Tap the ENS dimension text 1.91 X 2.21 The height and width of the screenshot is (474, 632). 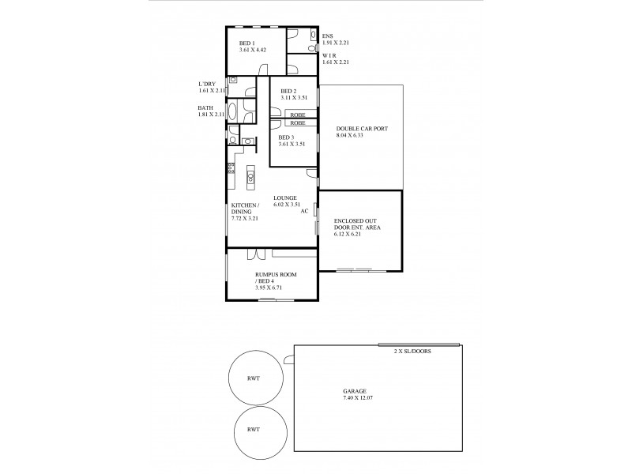pyautogui.click(x=336, y=42)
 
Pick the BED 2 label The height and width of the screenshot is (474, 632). pyautogui.click(x=288, y=92)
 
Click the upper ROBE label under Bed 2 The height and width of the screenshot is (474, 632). pyautogui.click(x=298, y=115)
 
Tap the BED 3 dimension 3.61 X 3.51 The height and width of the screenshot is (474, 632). pyautogui.click(x=293, y=144)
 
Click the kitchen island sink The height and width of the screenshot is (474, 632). pyautogui.click(x=250, y=176)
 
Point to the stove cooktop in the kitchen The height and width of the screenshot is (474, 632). pyautogui.click(x=231, y=167)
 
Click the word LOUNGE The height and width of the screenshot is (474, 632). pyautogui.click(x=285, y=197)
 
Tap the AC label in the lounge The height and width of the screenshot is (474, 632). pyautogui.click(x=304, y=211)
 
